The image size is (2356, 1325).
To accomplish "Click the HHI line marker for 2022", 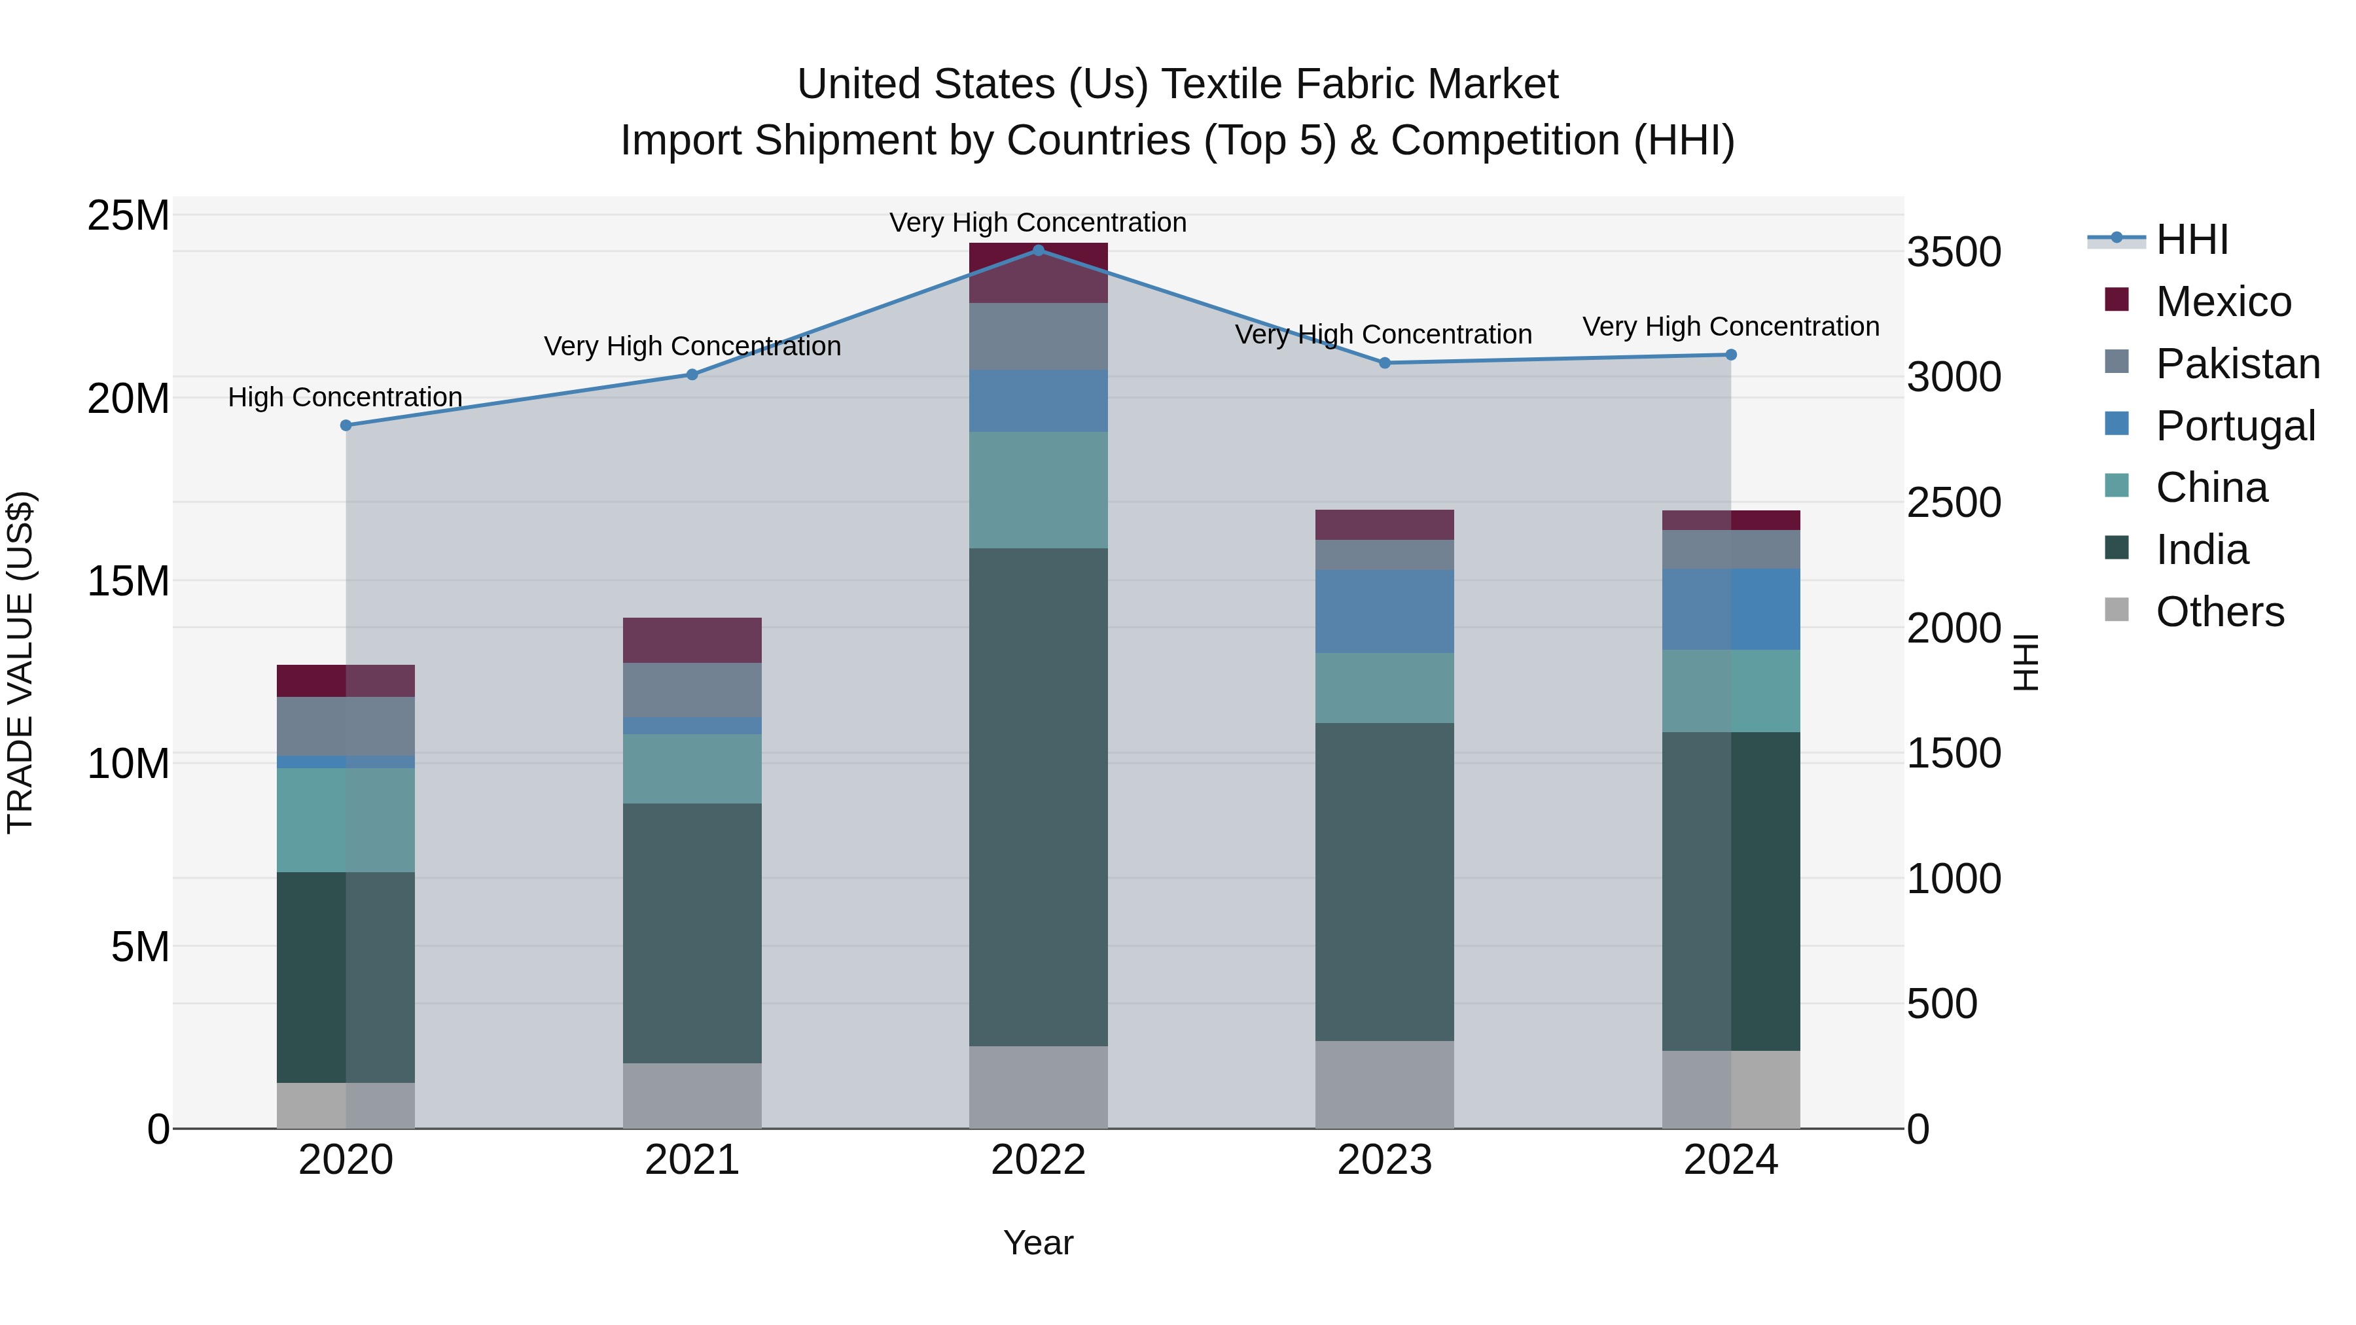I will pyautogui.click(x=1038, y=250).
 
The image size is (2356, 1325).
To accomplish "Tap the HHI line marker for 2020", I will pyautogui.click(x=346, y=425).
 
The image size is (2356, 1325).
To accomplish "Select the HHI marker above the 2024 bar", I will pyautogui.click(x=1730, y=355).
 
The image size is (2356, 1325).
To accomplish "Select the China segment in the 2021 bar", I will pyautogui.click(x=692, y=768).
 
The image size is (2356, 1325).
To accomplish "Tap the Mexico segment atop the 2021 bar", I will pyautogui.click(x=692, y=640).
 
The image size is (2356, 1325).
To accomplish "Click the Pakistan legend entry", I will pyautogui.click(x=2237, y=364).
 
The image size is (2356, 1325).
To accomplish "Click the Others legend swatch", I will pyautogui.click(x=2116, y=610).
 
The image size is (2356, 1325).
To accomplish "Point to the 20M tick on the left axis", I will pyautogui.click(x=128, y=398).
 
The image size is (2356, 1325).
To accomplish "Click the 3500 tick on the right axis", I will pyautogui.click(x=1954, y=253).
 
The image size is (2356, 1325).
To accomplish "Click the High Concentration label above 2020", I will pyautogui.click(x=345, y=397).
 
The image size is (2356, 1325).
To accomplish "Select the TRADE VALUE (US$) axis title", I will pyautogui.click(x=20, y=662).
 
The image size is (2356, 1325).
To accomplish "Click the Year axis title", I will pyautogui.click(x=1038, y=1243).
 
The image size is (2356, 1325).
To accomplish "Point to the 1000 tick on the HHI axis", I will pyautogui.click(x=1954, y=879).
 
